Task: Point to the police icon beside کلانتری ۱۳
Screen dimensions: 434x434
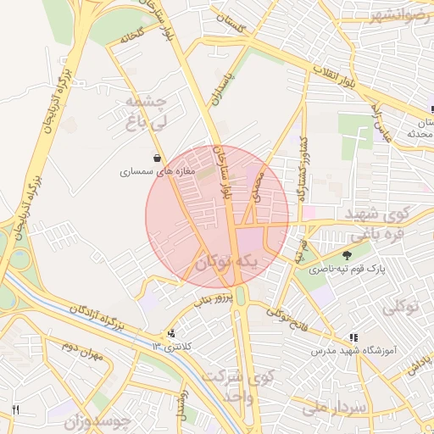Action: pyautogui.click(x=173, y=334)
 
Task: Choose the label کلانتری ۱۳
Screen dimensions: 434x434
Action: pyautogui.click(x=172, y=347)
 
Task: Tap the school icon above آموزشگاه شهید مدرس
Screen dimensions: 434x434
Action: pyautogui.click(x=353, y=337)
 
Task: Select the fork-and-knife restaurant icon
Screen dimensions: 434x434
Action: pyautogui.click(x=15, y=410)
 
